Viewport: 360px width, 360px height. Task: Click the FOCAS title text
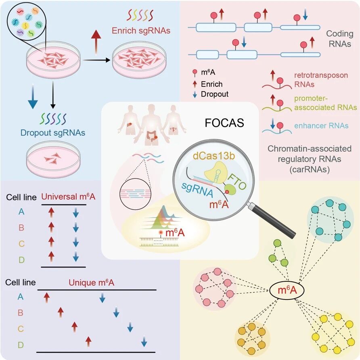pos(224,123)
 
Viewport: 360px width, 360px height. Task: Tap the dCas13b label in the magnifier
pos(214,156)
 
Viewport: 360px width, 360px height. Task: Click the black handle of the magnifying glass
pos(273,221)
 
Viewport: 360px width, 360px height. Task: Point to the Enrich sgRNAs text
pos(141,31)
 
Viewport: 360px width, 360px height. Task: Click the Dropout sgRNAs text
pos(53,133)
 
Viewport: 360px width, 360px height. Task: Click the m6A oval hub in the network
pos(287,290)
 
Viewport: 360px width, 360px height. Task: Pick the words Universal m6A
pos(68,197)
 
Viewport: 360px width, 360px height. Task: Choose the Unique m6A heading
pos(91,283)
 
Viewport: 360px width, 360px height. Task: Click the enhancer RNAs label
pos(321,126)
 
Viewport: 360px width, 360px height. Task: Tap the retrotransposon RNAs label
pos(321,80)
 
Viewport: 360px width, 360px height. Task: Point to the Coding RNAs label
pos(340,39)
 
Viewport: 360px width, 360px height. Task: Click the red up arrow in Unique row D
pos(88,342)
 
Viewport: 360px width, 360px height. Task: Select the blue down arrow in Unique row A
pos(103,297)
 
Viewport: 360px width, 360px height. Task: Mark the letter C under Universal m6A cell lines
pos(21,244)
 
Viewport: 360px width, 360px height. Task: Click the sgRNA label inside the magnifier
pos(197,190)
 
